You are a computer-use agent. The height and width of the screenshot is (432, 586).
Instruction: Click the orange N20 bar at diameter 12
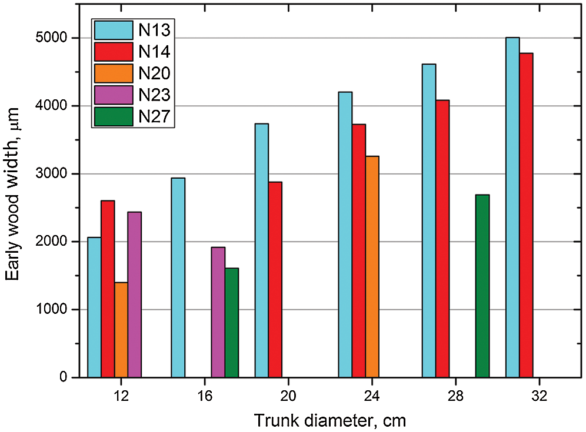click(121, 330)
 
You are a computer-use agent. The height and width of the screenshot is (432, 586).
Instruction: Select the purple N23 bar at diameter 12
click(135, 294)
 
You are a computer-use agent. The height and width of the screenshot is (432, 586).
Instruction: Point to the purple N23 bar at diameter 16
click(218, 312)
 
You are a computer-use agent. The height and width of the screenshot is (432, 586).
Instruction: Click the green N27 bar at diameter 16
click(232, 323)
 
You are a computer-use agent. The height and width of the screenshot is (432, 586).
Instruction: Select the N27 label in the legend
click(154, 116)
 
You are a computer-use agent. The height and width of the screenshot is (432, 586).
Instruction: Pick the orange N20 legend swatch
click(112, 73)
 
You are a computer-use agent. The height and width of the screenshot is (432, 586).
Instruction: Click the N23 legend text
click(154, 95)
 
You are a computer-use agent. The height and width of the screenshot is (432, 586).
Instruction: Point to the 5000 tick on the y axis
click(52, 38)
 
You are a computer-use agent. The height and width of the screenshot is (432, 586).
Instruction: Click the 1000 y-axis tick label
click(52, 310)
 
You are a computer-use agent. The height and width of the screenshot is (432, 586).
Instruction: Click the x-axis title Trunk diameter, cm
click(330, 420)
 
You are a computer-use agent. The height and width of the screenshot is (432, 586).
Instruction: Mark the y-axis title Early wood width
click(14, 193)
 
